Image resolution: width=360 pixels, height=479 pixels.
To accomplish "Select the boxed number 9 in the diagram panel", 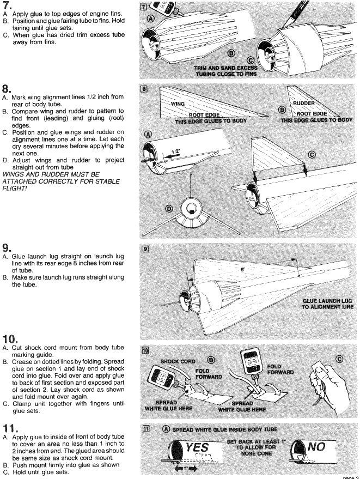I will (145, 249).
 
